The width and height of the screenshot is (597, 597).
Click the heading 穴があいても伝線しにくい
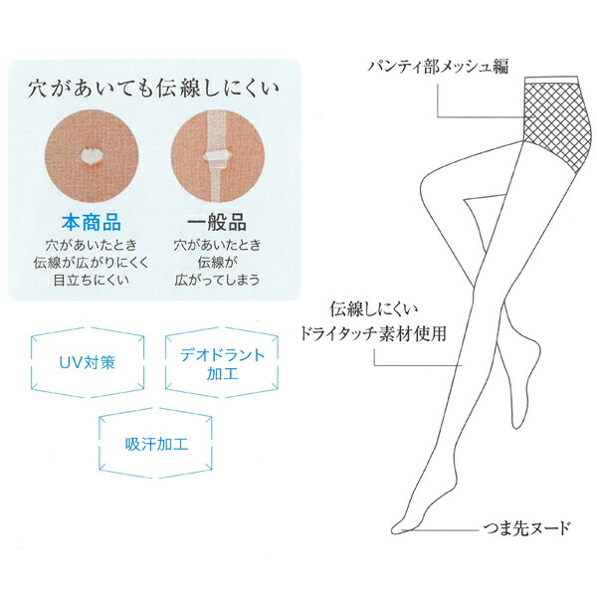(x=153, y=90)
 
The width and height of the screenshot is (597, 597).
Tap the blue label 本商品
(x=92, y=222)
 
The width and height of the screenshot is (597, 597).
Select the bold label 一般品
(x=217, y=222)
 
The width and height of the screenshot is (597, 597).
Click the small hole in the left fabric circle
(x=92, y=156)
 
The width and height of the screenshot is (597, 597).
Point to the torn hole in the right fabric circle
(x=218, y=157)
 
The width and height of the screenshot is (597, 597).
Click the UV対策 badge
(x=88, y=362)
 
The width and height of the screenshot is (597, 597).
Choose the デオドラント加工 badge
(x=222, y=362)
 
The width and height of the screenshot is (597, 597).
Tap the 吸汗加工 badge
(x=156, y=443)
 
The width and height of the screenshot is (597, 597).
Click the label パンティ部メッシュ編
(x=438, y=67)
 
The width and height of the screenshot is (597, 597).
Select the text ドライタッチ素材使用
(x=373, y=333)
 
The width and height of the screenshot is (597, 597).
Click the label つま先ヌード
(x=527, y=528)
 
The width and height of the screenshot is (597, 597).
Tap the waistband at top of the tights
(x=551, y=80)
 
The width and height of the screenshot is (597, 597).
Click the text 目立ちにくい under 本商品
(x=92, y=281)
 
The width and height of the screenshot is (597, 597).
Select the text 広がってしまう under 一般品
(x=217, y=281)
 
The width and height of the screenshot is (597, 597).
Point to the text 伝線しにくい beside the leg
(x=373, y=309)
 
